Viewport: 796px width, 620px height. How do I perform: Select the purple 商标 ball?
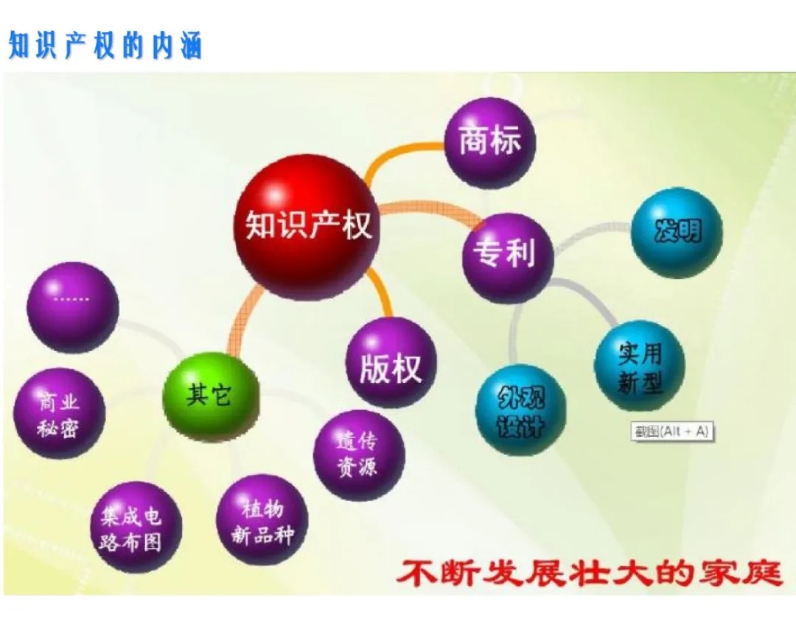coord(490,143)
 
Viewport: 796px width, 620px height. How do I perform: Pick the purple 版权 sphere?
coord(391,362)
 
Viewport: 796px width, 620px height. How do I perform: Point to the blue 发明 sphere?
coord(677,233)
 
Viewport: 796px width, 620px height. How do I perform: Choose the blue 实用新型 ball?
coord(640,366)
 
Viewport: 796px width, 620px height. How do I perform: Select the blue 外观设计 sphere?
coord(521,410)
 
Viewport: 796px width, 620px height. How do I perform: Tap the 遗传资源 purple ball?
coord(359,455)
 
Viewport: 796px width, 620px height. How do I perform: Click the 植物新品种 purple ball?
coord(262,520)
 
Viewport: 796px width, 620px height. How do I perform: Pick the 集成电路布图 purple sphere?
coord(136,527)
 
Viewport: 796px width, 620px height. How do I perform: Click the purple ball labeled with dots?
coord(72,308)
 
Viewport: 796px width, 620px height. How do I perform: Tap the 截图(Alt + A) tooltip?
coord(671,431)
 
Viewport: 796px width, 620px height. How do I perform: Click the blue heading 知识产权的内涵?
coord(105,45)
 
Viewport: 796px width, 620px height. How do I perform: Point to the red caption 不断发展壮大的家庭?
coord(589,574)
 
